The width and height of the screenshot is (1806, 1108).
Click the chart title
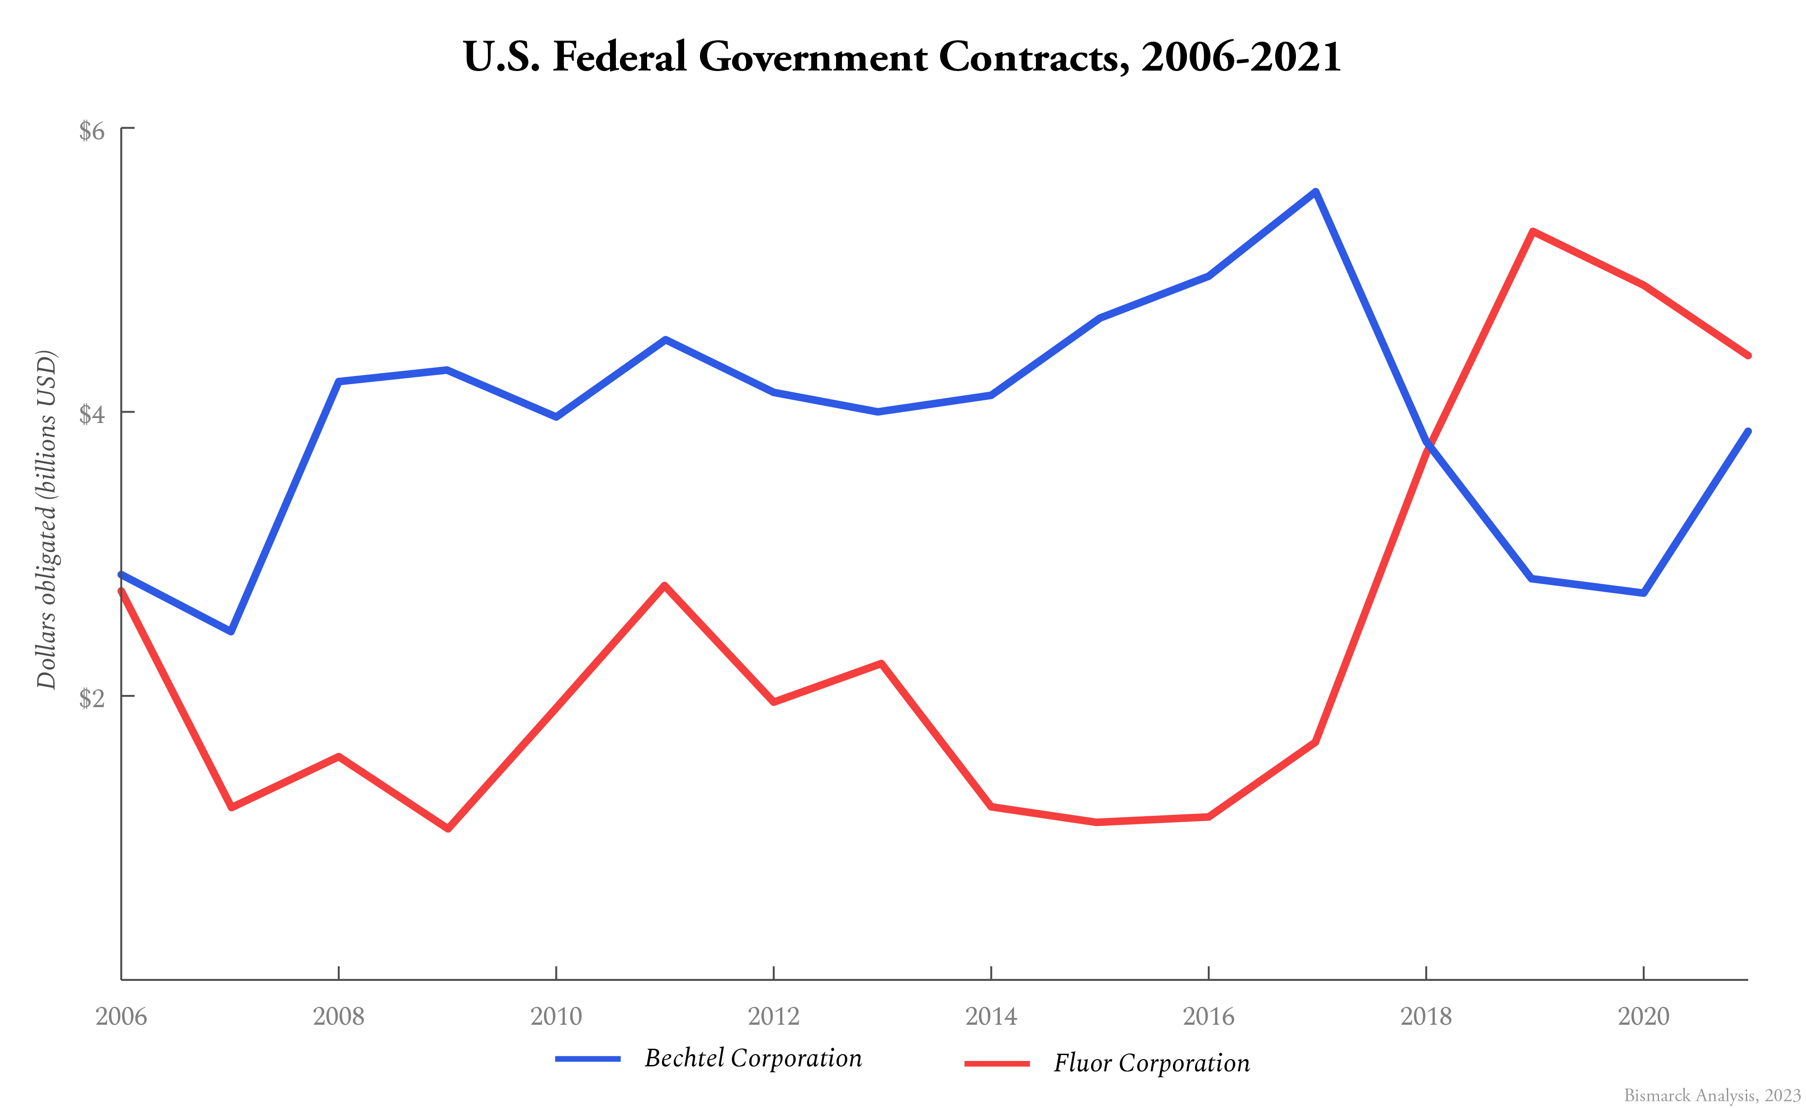pyautogui.click(x=902, y=57)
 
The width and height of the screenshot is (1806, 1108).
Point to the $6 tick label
pyautogui.click(x=92, y=130)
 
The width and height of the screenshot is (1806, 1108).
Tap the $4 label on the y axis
pyautogui.click(x=92, y=414)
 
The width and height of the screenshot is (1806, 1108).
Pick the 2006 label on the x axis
pyautogui.click(x=121, y=1016)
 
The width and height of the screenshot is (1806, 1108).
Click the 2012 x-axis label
pyautogui.click(x=773, y=1016)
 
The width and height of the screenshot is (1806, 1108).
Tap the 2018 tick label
pyautogui.click(x=1426, y=1016)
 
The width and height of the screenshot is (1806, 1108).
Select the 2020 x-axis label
pyautogui.click(x=1643, y=1016)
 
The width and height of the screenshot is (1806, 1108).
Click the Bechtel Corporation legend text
pyautogui.click(x=753, y=1058)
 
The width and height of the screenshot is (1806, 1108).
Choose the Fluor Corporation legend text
pyautogui.click(x=1151, y=1063)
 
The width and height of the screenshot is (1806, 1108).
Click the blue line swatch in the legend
pyautogui.click(x=588, y=1059)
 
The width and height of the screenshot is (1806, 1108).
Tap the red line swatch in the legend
pyautogui.click(x=997, y=1063)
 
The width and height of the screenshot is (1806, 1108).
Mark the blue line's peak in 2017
pyautogui.click(x=1316, y=192)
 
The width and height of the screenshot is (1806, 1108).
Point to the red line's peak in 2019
pyautogui.click(x=1532, y=232)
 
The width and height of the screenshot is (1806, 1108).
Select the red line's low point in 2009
pyautogui.click(x=448, y=828)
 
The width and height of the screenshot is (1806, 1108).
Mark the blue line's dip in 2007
pyautogui.click(x=231, y=631)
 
